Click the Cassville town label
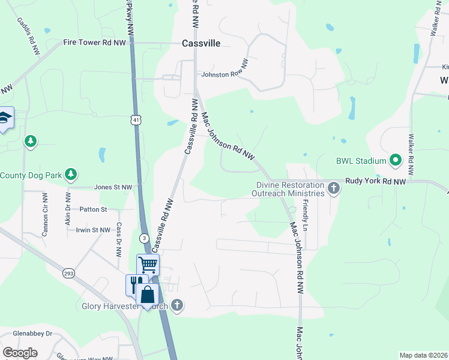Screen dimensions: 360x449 pos(201,43)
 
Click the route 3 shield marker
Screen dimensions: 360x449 pos(145,238)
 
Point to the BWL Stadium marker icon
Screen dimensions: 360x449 pos(395,160)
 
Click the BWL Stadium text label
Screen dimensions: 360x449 pos(360,161)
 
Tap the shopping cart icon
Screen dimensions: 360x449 pos(148,264)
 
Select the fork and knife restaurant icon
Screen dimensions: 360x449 pos(135,284)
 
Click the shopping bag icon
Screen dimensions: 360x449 pos(148,295)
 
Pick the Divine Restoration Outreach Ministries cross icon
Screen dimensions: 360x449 pos(334,190)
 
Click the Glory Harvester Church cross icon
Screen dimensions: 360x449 pos(176,306)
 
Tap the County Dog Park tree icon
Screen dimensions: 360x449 pos(71,175)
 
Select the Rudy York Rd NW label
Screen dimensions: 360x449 pos(375,181)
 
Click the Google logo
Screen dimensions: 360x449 pos(20,353)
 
